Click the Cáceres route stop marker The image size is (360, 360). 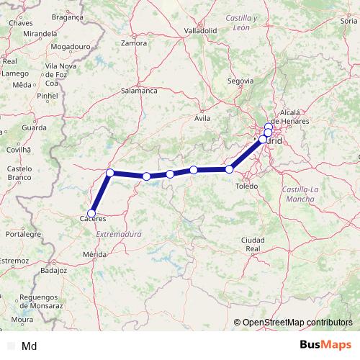[x=91, y=213]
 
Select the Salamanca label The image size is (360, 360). [x=139, y=91]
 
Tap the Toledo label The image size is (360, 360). [x=246, y=186]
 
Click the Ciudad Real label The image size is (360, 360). [x=253, y=243]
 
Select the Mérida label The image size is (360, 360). [x=94, y=254]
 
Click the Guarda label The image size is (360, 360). [x=34, y=127]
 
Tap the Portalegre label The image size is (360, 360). [x=22, y=234]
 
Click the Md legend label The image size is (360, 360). [x=30, y=346]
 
